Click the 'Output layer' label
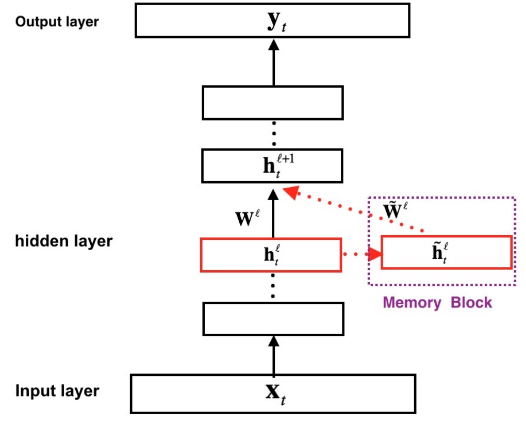tap(57, 22)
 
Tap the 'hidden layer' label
tap(63, 241)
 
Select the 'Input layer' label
tap(57, 390)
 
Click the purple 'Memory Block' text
tap(437, 302)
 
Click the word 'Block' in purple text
tap(471, 302)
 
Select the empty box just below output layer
tap(273, 103)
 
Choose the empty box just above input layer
tap(273, 319)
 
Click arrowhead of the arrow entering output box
tap(274, 44)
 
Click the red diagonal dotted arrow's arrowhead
tap(291, 192)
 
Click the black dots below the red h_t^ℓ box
tap(273, 287)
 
